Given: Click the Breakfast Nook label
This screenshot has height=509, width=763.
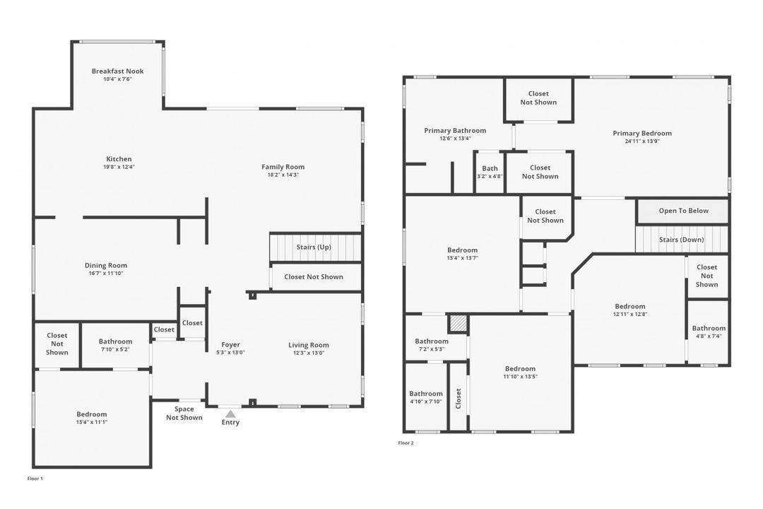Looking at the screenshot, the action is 118,71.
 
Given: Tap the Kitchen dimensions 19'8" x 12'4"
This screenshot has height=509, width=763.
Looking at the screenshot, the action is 119,167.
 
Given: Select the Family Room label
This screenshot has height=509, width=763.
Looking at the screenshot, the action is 283,167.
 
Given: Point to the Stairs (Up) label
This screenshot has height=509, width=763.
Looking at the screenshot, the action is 314,247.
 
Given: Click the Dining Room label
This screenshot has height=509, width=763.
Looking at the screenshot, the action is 105,266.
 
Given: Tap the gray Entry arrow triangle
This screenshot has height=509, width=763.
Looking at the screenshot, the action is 230,414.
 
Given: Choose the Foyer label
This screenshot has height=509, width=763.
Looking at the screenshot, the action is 230,345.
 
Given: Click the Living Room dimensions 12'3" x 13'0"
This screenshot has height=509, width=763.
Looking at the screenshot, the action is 309,353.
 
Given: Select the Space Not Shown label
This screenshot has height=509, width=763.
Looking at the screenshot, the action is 184,413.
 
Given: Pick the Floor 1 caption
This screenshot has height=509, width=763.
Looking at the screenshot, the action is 35,479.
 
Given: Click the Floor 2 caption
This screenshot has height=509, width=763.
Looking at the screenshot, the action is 406,443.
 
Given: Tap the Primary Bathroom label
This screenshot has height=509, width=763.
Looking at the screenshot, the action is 455,131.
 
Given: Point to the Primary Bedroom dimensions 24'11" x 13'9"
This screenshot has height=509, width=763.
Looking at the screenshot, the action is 642,141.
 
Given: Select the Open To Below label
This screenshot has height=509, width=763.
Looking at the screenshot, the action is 684,211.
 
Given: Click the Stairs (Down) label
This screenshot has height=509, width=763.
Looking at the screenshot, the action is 681,240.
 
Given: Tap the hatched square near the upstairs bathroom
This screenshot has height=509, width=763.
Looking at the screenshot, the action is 458,323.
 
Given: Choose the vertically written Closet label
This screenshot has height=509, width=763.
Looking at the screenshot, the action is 458,399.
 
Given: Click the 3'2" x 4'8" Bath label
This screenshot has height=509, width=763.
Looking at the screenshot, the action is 490,172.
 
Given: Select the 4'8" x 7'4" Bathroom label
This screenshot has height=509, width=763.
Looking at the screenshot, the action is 709,332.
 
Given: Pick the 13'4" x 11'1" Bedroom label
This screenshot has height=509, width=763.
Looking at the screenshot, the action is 91,418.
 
